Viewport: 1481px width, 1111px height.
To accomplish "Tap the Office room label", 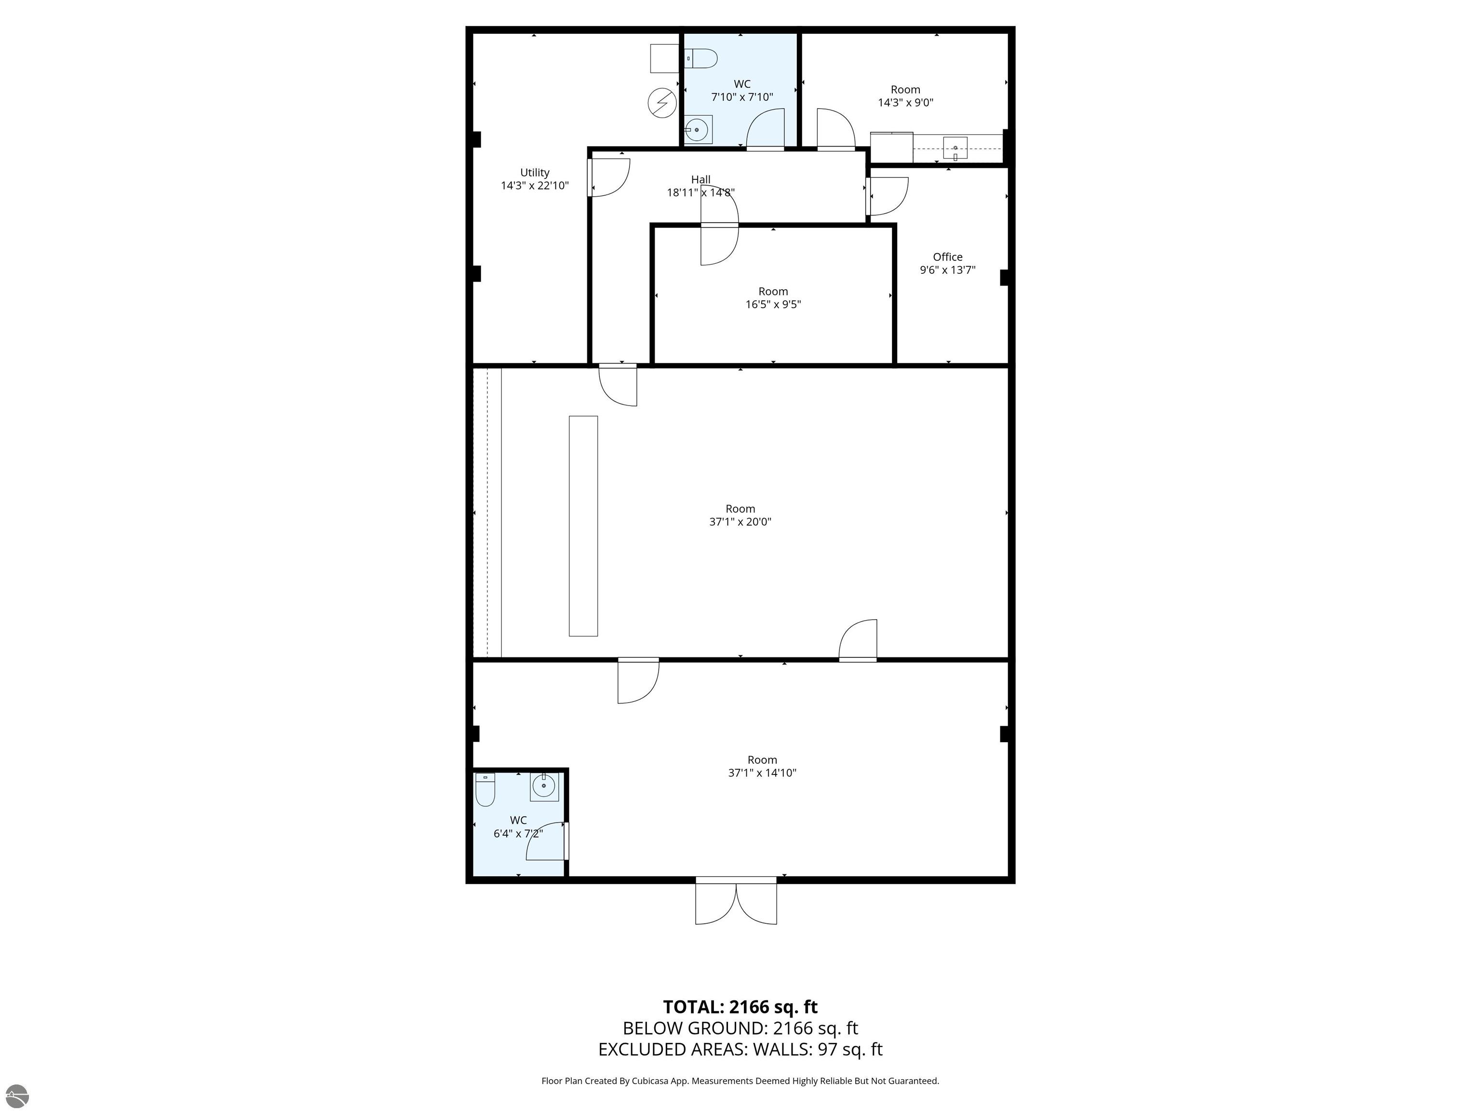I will point(947,257).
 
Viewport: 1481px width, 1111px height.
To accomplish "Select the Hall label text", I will point(700,179).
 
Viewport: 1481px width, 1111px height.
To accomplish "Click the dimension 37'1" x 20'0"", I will point(740,522).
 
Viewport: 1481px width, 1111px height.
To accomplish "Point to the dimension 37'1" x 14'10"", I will point(762,773).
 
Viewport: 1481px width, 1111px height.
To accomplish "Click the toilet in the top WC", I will point(701,59).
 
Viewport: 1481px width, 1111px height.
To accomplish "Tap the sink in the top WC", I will point(698,129).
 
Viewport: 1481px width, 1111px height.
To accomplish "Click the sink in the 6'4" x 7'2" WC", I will point(544,787).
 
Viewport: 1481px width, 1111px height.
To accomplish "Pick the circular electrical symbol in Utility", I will point(662,103).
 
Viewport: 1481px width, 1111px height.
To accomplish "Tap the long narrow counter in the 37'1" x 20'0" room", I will point(583,526).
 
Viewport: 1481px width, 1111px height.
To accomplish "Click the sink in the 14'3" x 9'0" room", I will point(955,148).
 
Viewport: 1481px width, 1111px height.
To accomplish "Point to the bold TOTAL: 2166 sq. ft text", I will point(740,1007).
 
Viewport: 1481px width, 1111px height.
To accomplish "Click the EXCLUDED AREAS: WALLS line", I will point(740,1049).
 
